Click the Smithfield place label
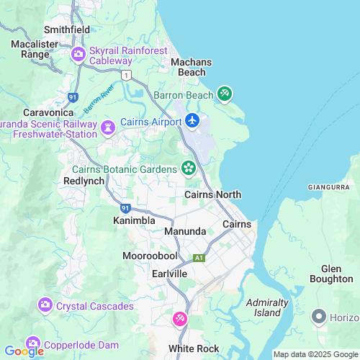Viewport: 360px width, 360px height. [x=67, y=30]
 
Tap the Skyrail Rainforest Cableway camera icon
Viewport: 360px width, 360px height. [x=78, y=55]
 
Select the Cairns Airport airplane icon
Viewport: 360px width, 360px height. [x=192, y=120]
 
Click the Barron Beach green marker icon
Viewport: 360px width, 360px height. [x=225, y=94]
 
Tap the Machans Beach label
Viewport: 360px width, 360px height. [x=192, y=67]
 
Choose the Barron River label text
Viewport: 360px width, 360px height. [x=99, y=100]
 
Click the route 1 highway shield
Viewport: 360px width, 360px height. [x=127, y=75]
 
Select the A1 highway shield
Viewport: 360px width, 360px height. [x=199, y=258]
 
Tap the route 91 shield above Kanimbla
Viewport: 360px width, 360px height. [x=125, y=208]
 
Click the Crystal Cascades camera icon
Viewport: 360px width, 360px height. [x=45, y=305]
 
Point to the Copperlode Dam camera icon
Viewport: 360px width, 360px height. [x=32, y=343]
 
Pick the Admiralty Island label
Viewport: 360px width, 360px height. [x=267, y=307]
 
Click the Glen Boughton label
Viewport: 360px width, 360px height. [x=331, y=273]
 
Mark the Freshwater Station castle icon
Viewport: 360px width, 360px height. [x=108, y=128]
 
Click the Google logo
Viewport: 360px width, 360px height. [x=24, y=351]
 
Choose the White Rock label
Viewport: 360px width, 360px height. [x=194, y=348]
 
